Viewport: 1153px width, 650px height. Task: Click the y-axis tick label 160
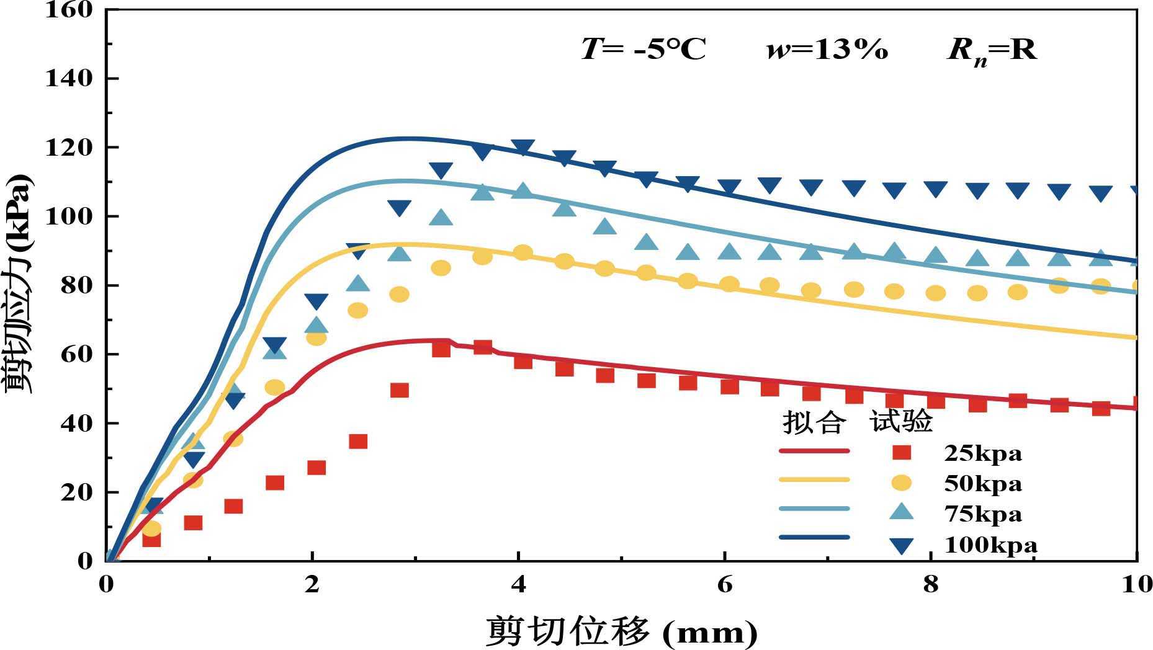pos(69,10)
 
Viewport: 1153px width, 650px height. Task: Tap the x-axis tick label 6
pos(724,584)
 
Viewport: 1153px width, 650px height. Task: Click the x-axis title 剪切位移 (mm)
pos(621,631)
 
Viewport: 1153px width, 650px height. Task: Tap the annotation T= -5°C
pos(644,49)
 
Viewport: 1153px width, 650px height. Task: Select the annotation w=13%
pos(827,49)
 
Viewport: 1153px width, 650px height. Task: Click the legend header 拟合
pos(814,422)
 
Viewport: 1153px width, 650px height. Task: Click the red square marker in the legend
pos(902,452)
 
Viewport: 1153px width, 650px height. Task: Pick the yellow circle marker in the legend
pos(902,482)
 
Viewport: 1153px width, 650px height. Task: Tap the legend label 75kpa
pos(982,514)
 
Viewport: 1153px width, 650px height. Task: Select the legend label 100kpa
pos(990,545)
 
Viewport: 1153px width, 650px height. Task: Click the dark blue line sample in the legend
pos(814,538)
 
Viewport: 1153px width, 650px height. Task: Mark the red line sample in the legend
pos(814,451)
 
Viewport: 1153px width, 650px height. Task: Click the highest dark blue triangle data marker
pos(523,147)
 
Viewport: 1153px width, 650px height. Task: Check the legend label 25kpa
pos(982,453)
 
